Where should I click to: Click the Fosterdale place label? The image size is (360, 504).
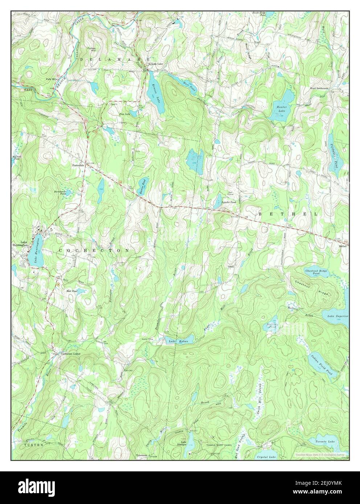pyautogui.click(x=79, y=165)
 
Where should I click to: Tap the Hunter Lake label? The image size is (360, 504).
pyautogui.click(x=282, y=109)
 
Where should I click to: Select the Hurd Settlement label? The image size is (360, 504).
pyautogui.click(x=319, y=88)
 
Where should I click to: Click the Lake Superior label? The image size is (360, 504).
pyautogui.click(x=337, y=316)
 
